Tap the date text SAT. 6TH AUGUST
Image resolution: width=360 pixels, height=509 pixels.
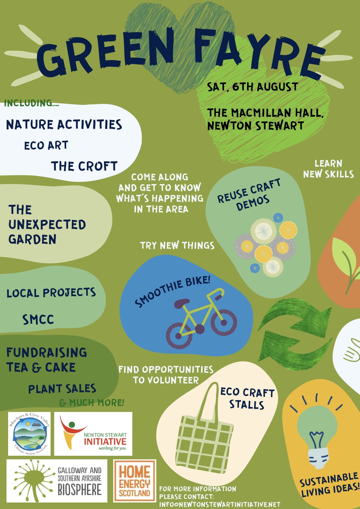pyautogui.click(x=252, y=87)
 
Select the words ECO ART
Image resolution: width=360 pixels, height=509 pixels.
pyautogui.click(x=46, y=145)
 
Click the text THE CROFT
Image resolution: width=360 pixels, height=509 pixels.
pyautogui.click(x=84, y=166)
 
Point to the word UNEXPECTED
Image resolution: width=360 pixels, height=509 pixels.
pyautogui.click(x=47, y=225)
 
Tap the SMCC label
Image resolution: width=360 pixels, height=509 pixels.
pyautogui.click(x=38, y=319)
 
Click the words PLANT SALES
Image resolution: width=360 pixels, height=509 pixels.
pyautogui.click(x=62, y=389)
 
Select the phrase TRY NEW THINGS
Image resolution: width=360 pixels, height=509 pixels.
pyautogui.click(x=177, y=245)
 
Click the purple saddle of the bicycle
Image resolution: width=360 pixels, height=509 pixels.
pyautogui.click(x=182, y=303)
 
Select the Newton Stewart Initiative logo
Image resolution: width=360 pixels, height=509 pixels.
pyautogui.click(x=93, y=434)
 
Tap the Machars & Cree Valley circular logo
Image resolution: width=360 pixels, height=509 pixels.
pyautogui.click(x=29, y=434)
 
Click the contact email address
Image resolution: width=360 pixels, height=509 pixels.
pyautogui.click(x=220, y=504)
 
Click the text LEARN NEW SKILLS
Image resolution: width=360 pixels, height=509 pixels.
pyautogui.click(x=329, y=169)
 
